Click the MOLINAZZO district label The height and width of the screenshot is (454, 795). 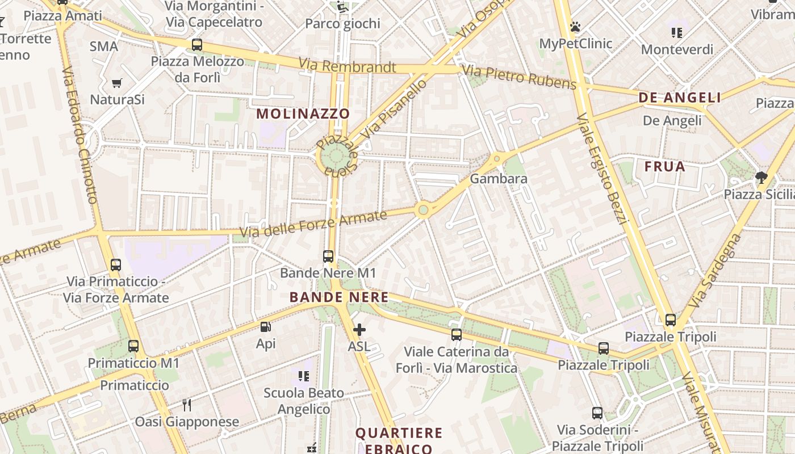point(303,113)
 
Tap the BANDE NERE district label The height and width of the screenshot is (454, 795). point(339,297)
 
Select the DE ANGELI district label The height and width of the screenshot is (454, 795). point(680,98)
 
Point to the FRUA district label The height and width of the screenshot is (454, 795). point(665,167)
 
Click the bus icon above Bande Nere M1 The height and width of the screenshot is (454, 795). point(328,257)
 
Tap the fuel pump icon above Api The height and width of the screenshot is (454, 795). point(265,327)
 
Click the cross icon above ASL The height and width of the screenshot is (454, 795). point(359,329)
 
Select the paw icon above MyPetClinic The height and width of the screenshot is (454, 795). point(575,27)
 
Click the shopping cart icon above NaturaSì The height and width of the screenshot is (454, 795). point(117,83)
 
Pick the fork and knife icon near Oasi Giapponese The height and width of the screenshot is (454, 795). point(186,405)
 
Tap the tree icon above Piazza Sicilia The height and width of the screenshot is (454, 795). point(761,178)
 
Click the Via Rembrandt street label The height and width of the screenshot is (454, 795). point(347,66)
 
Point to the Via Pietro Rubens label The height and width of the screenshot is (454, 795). point(519,77)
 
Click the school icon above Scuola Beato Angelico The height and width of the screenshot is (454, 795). point(304,376)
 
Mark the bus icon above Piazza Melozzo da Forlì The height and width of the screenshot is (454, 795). point(197,45)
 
